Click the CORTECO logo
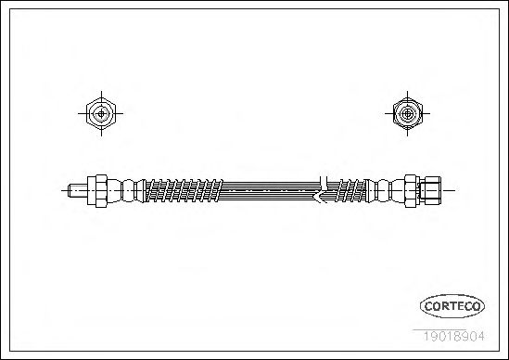[x=452, y=306]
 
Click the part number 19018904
[x=453, y=336]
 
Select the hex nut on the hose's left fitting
[x=97, y=191]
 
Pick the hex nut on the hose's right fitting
[x=412, y=191]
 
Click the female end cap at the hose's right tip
[x=430, y=191]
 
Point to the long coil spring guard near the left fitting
[x=184, y=190]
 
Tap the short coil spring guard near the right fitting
[x=350, y=190]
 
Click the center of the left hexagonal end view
[x=101, y=114]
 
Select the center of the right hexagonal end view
[x=407, y=114]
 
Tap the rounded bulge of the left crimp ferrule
[x=128, y=191]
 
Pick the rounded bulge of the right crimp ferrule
[x=384, y=191]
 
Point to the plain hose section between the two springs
[x=271, y=191]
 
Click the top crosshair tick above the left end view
[x=101, y=95]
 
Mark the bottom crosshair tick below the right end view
[x=407, y=133]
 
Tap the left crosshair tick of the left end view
[x=83, y=114]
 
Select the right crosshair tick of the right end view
[x=426, y=114]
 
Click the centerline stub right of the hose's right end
[x=448, y=191]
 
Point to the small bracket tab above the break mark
[x=324, y=181]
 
